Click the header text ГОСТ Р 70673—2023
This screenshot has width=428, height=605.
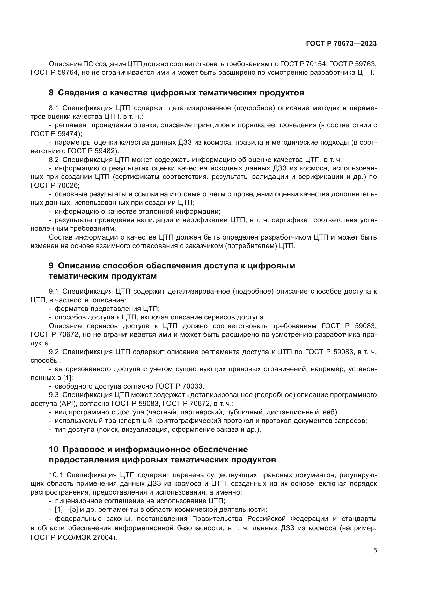(341, 43)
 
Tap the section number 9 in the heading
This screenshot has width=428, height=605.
(51, 266)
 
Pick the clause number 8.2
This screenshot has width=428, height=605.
(55, 160)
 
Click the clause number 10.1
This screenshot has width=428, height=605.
(56, 475)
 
